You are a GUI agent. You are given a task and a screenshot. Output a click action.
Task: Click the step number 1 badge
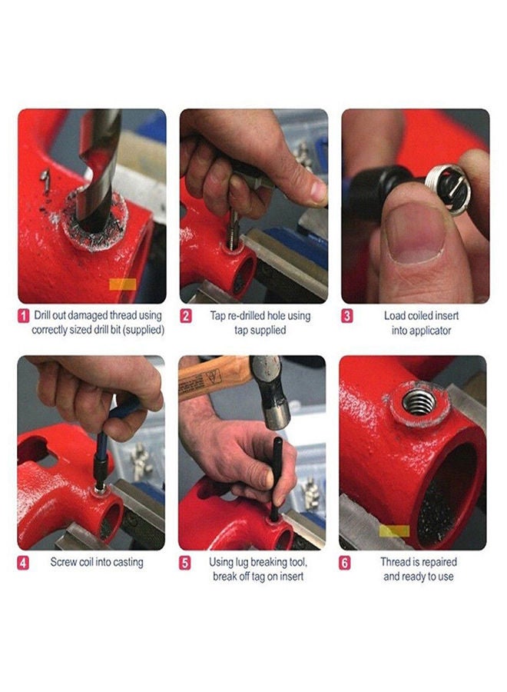coord(24,316)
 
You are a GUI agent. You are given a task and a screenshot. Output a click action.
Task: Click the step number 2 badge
coord(186,316)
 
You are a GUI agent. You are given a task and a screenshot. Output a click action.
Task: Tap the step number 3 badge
coord(347,316)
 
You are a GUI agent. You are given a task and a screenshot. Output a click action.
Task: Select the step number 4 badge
coord(23,563)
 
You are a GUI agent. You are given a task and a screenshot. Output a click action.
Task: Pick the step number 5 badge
coord(185,563)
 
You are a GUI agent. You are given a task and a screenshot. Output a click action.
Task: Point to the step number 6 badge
coord(345,563)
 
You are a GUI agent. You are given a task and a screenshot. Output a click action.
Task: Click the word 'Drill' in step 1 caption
coord(42,315)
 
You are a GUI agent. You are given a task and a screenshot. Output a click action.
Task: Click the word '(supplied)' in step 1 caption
coord(144,330)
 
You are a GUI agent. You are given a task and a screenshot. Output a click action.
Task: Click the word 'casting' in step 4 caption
coord(128,563)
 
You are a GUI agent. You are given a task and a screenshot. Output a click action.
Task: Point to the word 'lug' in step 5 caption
coord(242,563)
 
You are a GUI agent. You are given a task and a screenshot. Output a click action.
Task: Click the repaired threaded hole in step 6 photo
coord(419,402)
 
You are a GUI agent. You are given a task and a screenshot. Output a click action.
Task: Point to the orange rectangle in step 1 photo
coord(123,284)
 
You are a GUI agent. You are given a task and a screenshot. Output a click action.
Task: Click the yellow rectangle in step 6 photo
coord(394,531)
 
